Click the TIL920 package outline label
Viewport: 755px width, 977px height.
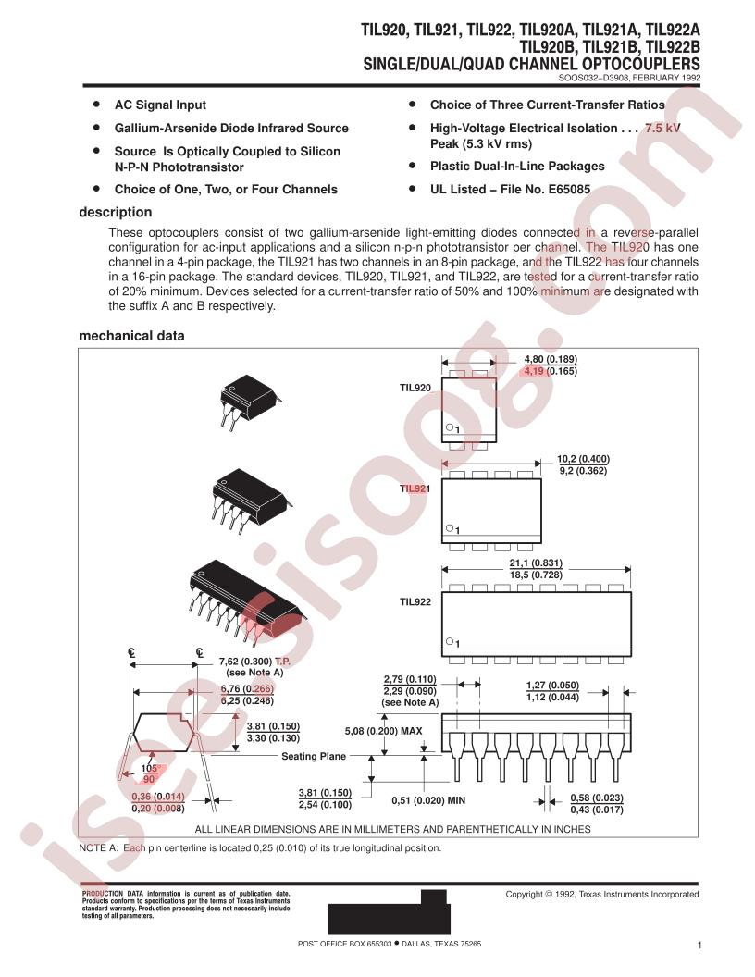coord(415,388)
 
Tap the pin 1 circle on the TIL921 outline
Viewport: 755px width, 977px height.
coord(449,528)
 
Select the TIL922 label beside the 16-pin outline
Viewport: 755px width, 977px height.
coord(415,602)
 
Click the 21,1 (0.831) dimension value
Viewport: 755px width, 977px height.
coord(536,563)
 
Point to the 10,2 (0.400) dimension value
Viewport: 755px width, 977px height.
coord(583,459)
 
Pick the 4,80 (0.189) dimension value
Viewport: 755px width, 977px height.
coord(551,360)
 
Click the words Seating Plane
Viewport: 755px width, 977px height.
coord(314,757)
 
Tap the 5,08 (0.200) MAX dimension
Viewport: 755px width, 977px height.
coord(383,731)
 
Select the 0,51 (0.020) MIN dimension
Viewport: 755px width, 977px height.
coord(428,800)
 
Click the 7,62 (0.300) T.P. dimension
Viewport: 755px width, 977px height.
coord(254,662)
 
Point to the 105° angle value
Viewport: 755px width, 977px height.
coord(150,769)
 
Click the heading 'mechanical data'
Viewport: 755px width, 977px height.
coord(131,336)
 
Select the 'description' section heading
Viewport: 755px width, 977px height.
coord(116,213)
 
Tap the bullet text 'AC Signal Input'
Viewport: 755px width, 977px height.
coord(160,105)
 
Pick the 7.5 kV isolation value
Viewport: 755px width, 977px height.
coord(662,129)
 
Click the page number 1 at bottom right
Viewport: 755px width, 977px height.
coord(699,946)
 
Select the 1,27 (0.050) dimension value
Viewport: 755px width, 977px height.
coord(552,686)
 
